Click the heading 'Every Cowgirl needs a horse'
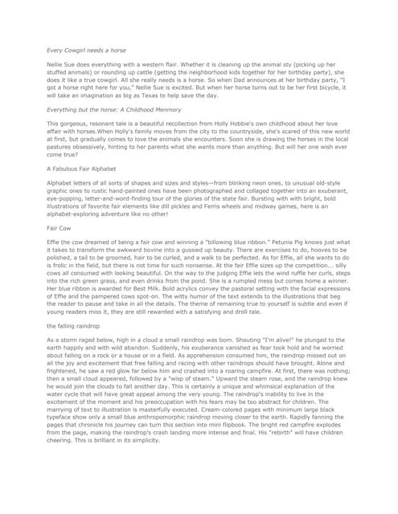[85, 49]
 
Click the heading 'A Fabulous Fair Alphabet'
[82, 169]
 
